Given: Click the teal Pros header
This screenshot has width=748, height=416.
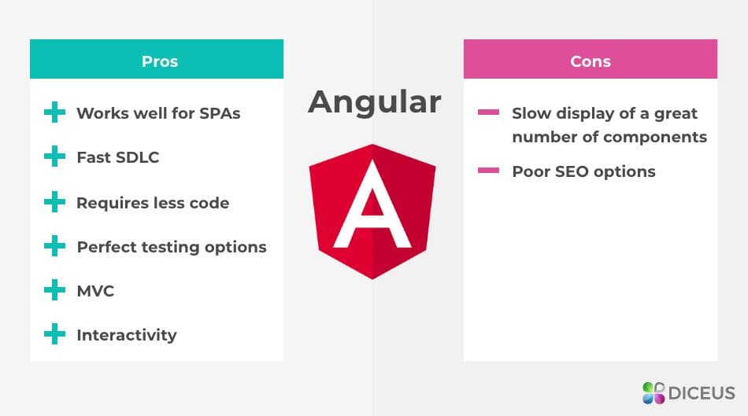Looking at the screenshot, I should click(156, 60).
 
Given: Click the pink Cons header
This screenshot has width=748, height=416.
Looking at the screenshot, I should click(590, 60).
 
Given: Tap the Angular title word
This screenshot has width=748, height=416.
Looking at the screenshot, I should click(374, 101).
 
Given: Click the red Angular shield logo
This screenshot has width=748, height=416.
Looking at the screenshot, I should click(372, 210).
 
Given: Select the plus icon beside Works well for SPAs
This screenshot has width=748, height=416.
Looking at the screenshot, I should click(54, 113).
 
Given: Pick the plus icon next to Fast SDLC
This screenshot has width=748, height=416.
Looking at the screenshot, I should click(54, 157).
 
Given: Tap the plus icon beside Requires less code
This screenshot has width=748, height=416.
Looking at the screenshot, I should click(54, 203).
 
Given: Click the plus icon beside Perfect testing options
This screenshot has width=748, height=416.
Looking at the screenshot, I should click(54, 247).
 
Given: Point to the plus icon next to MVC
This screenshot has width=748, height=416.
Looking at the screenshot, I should click(54, 291).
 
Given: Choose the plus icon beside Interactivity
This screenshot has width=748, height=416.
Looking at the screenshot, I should click(54, 335).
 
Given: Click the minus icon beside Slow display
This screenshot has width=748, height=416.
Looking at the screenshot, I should click(488, 113).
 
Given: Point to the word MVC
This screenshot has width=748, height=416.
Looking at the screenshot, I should click(95, 291).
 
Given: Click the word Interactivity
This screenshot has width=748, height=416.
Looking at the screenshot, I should click(126, 335).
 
